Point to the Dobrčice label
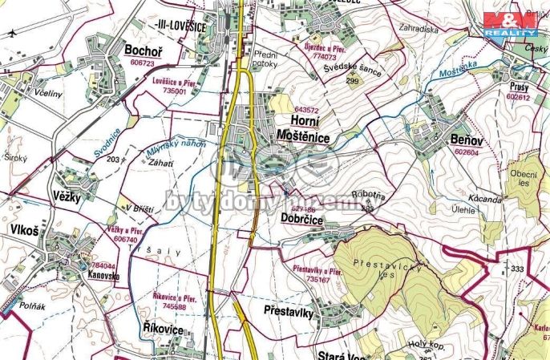pos(301,217)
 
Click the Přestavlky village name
pos(287,312)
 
